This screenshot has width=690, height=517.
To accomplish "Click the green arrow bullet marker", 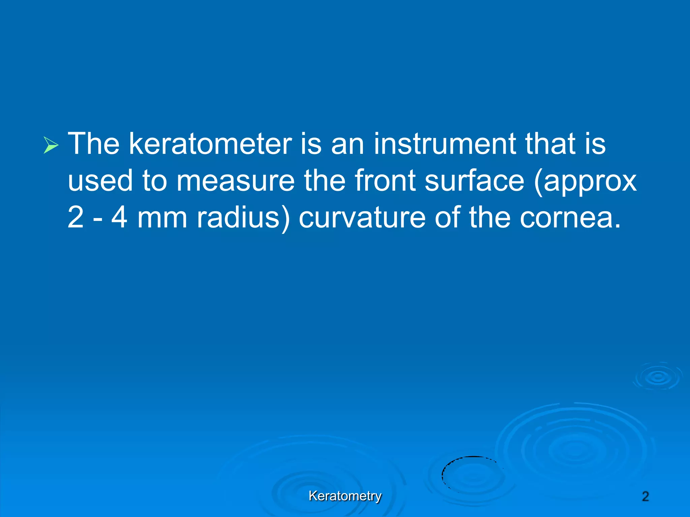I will (51, 145).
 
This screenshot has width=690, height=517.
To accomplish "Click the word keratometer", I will (210, 144).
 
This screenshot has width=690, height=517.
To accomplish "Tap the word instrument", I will (444, 144).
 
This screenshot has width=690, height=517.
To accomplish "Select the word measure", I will (236, 181).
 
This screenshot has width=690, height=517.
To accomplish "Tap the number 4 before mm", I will (120, 217).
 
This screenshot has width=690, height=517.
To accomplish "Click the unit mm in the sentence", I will (162, 218).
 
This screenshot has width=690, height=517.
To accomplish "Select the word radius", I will (243, 217).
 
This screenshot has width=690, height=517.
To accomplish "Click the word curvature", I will (362, 218).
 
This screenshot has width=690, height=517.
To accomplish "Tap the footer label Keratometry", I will (345, 496).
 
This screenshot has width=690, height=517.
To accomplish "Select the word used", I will (100, 180).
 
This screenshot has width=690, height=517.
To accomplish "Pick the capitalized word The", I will (94, 144).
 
